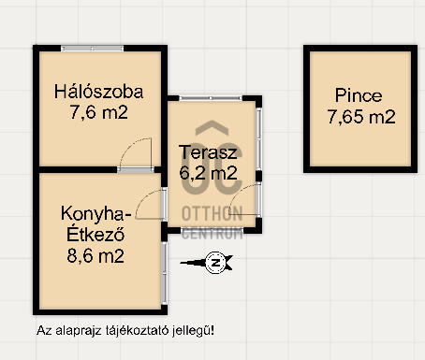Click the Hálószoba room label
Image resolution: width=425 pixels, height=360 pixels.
(x=98, y=93)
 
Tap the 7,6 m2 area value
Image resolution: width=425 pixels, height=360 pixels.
(x=98, y=112)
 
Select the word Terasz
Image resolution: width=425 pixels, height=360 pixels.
(x=208, y=152)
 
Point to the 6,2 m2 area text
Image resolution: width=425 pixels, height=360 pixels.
(x=208, y=173)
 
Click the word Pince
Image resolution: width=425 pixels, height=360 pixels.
(x=359, y=95)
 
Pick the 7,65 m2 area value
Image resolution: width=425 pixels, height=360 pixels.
(x=361, y=117)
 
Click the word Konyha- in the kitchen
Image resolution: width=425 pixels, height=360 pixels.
(x=96, y=214)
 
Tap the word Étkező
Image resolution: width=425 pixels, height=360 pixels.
(x=95, y=234)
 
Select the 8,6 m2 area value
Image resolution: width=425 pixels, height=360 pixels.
(x=95, y=256)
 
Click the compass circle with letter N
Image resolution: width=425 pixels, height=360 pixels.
(x=215, y=263)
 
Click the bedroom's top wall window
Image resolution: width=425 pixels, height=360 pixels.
(x=93, y=49)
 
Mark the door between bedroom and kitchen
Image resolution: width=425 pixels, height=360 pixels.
(x=136, y=155)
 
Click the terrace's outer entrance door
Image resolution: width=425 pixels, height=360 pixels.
(x=245, y=200)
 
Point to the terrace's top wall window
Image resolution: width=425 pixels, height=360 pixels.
(x=211, y=98)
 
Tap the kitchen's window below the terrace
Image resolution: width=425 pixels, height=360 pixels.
(x=165, y=273)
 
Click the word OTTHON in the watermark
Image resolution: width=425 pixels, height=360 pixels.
(x=212, y=214)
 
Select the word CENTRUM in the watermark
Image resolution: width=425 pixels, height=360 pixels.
(x=212, y=234)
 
